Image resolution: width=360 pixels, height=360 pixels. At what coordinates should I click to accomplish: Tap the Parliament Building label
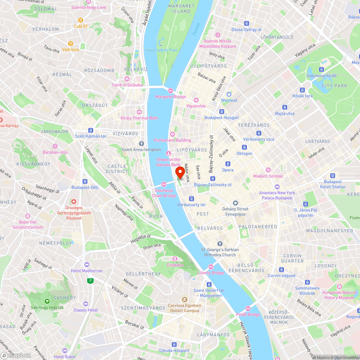pyautogui.click(x=172, y=140)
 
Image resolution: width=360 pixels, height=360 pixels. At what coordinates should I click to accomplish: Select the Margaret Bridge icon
pyautogui.click(x=170, y=90)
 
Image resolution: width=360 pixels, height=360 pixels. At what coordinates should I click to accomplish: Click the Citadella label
pyautogui.click(x=175, y=265)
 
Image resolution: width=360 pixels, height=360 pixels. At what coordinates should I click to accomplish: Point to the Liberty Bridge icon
pyautogui.click(x=211, y=267)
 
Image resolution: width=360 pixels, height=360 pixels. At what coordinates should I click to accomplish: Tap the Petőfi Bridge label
pyautogui.click(x=248, y=315)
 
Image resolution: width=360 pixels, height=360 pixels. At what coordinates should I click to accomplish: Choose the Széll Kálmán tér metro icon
pyautogui.click(x=91, y=130)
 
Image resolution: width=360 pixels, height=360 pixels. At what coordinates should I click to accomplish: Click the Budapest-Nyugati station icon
pyautogui.click(x=221, y=112)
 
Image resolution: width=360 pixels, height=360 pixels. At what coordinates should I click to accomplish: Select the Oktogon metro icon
pyautogui.click(x=244, y=147)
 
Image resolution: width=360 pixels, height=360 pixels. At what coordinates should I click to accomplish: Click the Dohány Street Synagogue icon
pyautogui.click(x=235, y=203)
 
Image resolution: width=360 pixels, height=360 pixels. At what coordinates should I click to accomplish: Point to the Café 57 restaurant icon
pyautogui.click(x=81, y=20)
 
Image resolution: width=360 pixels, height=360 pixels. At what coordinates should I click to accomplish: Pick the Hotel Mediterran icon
pyautogui.click(x=86, y=265)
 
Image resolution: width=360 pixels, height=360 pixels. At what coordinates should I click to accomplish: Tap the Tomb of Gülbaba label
pyautogui.click(x=127, y=85)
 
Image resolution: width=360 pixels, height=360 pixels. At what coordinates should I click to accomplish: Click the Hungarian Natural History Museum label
pyautogui.click(x=338, y=295)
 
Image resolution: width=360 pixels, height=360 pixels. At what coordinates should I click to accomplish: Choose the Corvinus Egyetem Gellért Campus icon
pyautogui.click(x=184, y=300)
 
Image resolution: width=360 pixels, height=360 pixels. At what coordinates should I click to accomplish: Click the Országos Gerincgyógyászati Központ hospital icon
pyautogui.click(x=74, y=202)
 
